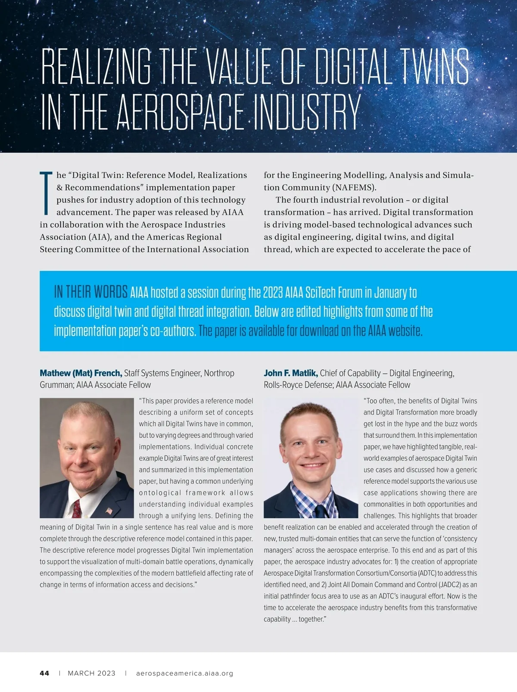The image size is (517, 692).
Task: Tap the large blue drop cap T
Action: coord(46,193)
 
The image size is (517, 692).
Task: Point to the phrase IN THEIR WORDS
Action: coord(90,292)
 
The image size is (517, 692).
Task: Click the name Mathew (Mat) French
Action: coord(81,373)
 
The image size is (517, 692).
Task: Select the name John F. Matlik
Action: coord(290,373)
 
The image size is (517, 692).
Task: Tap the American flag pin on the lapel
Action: coord(109,511)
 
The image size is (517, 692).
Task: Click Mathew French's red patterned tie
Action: coord(77,508)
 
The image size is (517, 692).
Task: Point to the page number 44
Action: coord(44,673)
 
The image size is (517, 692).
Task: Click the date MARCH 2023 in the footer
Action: coord(91,673)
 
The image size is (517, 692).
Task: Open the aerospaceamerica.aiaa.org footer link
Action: coord(184,673)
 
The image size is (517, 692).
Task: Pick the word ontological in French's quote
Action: coord(160,493)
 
